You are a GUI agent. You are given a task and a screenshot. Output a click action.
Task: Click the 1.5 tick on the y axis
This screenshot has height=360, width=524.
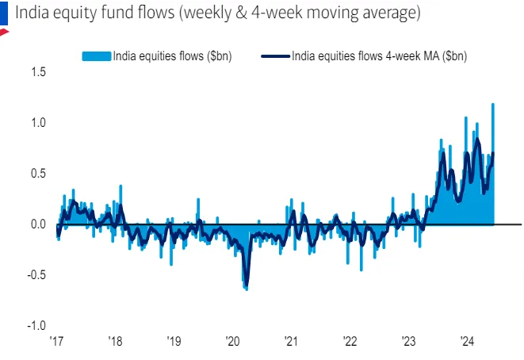coord(39,72)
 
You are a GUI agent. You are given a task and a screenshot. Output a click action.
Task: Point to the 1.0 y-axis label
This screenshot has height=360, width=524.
coord(39,123)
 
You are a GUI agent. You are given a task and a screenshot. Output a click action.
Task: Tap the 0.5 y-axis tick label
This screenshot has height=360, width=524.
coord(39,174)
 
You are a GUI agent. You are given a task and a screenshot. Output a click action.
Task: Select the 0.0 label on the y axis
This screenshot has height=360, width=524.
coord(39,224)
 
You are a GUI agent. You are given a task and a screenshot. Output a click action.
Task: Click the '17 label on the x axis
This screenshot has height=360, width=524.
coord(56,342)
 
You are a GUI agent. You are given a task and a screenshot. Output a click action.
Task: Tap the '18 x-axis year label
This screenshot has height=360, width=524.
coord(115,342)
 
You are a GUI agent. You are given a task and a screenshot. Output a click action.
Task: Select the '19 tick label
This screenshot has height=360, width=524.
coord(174,342)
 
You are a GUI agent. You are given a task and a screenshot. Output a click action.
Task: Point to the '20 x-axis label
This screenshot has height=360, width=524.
coord(232,342)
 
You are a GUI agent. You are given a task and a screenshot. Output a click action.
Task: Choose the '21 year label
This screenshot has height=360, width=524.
coord(291,342)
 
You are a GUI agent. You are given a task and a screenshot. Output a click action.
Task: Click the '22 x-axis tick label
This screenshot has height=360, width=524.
coord(350,342)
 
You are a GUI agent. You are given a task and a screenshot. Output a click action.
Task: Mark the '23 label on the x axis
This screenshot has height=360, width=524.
coord(408,342)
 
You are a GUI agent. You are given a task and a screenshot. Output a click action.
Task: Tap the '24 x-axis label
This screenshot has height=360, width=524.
coord(467,342)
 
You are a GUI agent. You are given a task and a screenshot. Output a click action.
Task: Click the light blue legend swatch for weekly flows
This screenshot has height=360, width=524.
coord(96,56)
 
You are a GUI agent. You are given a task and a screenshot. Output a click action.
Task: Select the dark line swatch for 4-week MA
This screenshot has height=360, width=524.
coord(275,56)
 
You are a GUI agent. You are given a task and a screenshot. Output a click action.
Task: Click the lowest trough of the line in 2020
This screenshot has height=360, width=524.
coord(246,285)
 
